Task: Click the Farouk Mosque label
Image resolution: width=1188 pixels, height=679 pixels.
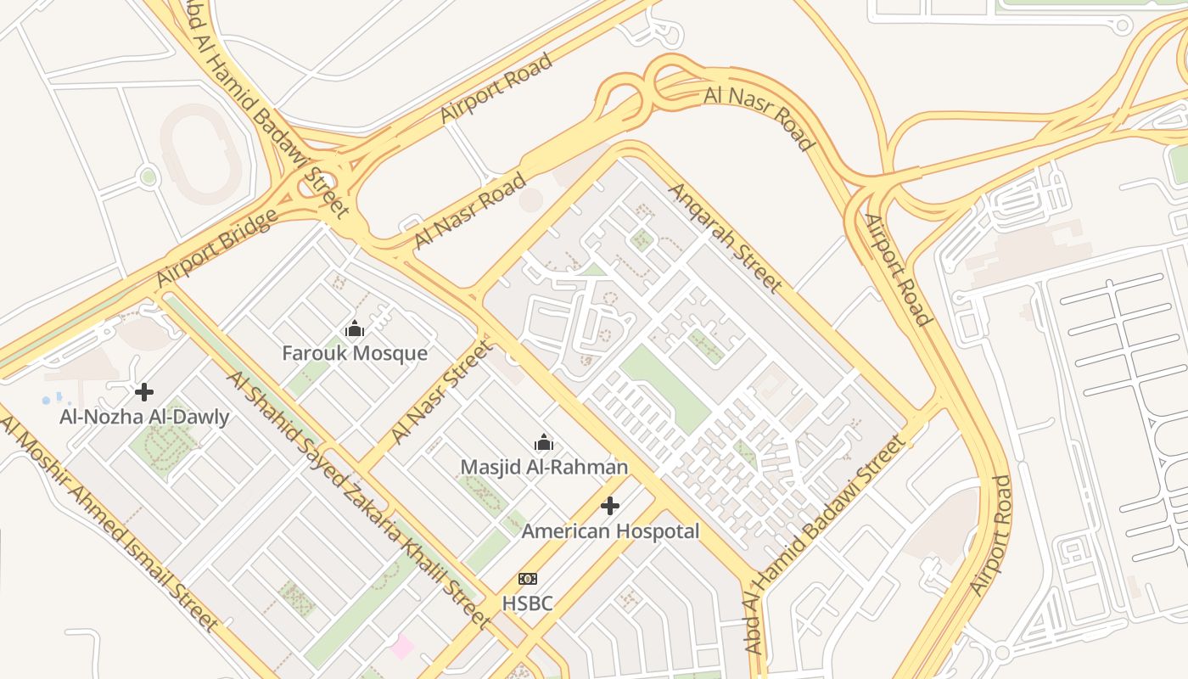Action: click(x=355, y=353)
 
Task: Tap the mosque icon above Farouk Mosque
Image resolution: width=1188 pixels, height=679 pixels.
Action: click(x=355, y=328)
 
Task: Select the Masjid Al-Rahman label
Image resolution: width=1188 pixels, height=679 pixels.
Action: click(x=544, y=467)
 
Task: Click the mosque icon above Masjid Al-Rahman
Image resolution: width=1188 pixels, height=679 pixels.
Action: click(x=544, y=442)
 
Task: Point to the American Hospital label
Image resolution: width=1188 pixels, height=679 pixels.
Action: click(x=610, y=531)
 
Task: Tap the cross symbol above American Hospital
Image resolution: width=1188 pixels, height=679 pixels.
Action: click(x=610, y=507)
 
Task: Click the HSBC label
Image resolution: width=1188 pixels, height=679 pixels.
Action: click(x=527, y=603)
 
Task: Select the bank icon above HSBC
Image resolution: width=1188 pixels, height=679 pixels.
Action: click(x=527, y=579)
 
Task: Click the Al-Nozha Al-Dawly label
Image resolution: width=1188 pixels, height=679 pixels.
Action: click(x=144, y=417)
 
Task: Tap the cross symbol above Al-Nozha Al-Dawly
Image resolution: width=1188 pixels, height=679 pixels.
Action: click(x=144, y=392)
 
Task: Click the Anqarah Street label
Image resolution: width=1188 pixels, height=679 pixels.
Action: click(x=725, y=237)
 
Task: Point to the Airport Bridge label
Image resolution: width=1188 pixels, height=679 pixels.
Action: click(x=217, y=249)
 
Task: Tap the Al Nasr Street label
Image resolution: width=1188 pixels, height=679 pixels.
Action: click(x=441, y=392)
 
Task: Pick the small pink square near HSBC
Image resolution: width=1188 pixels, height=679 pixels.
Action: click(x=401, y=647)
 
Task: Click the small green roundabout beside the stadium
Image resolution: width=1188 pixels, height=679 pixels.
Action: click(x=148, y=177)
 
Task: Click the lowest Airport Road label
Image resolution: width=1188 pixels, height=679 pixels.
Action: click(x=991, y=535)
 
